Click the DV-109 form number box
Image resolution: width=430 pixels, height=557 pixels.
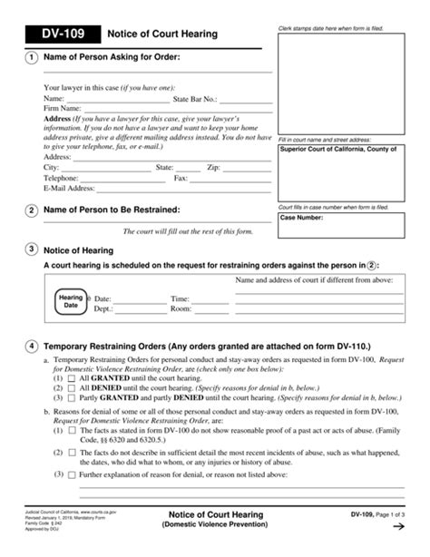click(55, 34)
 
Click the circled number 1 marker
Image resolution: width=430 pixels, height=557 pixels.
click(32, 58)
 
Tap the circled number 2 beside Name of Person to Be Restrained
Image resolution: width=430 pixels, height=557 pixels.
click(32, 210)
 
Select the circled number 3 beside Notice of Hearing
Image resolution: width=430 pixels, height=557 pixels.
click(32, 249)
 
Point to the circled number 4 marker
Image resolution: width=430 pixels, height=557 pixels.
click(32, 346)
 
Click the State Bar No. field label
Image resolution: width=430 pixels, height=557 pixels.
click(194, 98)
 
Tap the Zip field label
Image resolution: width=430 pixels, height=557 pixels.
click(213, 168)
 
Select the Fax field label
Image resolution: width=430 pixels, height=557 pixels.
click(181, 179)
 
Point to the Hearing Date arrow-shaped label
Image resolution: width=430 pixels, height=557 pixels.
click(71, 301)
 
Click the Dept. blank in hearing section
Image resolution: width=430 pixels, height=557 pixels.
click(128, 308)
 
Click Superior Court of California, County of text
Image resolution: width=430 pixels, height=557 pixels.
click(337, 149)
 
